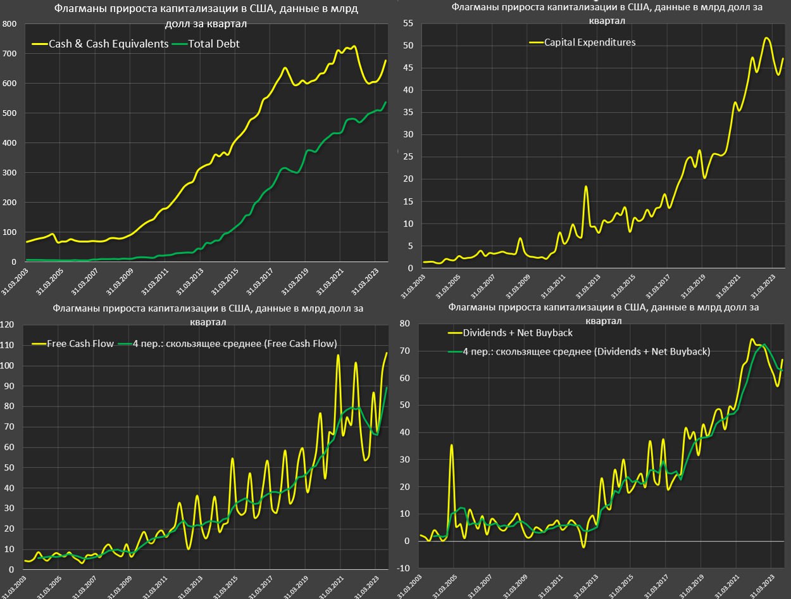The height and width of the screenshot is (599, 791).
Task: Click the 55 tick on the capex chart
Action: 408,23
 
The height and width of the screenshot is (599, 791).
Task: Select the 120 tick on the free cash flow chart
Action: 7,325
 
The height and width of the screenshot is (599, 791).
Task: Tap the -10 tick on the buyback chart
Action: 403,569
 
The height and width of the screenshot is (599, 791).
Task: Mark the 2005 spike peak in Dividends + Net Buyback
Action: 452,445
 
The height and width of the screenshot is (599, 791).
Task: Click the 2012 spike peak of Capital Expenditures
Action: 586,186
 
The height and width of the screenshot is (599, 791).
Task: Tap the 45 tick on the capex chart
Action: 408,68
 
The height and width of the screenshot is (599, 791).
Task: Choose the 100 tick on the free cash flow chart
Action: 7,366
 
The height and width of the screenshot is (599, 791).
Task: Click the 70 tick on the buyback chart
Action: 404,350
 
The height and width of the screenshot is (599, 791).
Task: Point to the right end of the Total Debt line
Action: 386,102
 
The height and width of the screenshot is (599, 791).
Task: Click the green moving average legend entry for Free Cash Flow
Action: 234,343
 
